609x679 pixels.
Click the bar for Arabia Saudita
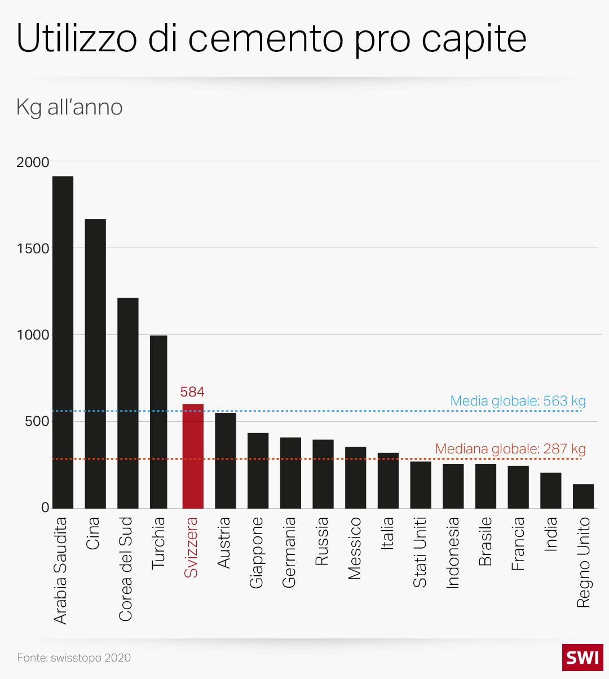pyautogui.click(x=63, y=342)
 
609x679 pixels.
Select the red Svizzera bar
pyautogui.click(x=193, y=456)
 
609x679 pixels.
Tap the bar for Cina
pyautogui.click(x=95, y=364)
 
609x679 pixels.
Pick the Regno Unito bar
pyautogui.click(x=583, y=496)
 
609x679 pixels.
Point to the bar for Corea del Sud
pyautogui.click(x=127, y=403)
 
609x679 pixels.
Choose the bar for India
pyautogui.click(x=550, y=491)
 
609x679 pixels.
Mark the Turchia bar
pyautogui.click(x=158, y=422)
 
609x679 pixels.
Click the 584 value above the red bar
pyautogui.click(x=192, y=392)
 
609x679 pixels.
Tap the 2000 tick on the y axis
pyautogui.click(x=33, y=162)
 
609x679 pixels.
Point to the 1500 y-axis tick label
pyautogui.click(x=33, y=249)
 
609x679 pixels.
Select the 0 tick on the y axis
pyautogui.click(x=45, y=508)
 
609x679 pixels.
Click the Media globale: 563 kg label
pyautogui.click(x=518, y=401)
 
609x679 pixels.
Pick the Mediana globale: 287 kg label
pyautogui.click(x=510, y=449)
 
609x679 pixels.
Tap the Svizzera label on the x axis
pyautogui.click(x=192, y=548)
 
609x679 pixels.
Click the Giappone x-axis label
pyautogui.click(x=257, y=553)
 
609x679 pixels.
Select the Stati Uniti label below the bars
pyautogui.click(x=420, y=553)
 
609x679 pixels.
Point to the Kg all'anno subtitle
pyautogui.click(x=69, y=107)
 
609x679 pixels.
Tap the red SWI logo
pyautogui.click(x=582, y=658)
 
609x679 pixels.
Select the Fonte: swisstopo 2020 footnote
pyautogui.click(x=74, y=658)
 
